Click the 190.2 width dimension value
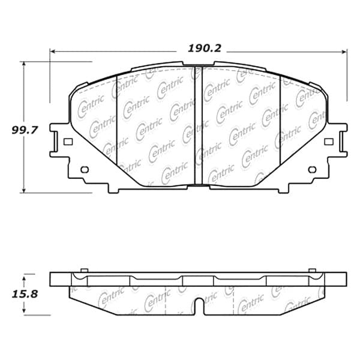click(x=205, y=49)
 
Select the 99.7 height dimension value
click(x=25, y=130)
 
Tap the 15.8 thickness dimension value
click(x=25, y=294)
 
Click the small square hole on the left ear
click(x=68, y=142)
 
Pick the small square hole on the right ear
click(x=329, y=142)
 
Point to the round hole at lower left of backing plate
click(x=85, y=170)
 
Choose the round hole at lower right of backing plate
click(x=312, y=170)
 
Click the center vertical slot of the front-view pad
click(x=199, y=125)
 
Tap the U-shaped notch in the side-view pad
click(x=199, y=306)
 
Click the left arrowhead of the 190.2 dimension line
click(x=53, y=52)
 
